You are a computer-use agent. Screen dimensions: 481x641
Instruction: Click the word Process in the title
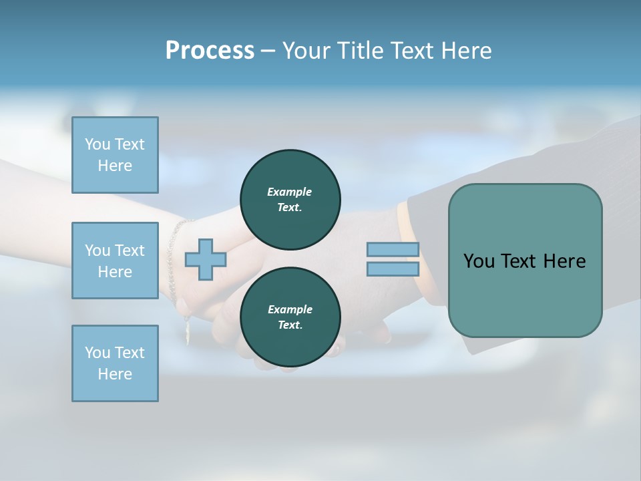coord(210,50)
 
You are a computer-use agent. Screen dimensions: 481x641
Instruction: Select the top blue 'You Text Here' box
coord(115,155)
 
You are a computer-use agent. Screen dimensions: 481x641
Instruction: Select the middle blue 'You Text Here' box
coord(115,261)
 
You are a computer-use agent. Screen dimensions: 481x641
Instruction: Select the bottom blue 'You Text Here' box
coord(115,363)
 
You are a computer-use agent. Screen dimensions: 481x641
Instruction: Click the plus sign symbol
coord(205,259)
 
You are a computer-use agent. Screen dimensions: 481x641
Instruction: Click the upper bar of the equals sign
coord(393,249)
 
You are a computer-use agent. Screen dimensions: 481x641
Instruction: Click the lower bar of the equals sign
coord(393,269)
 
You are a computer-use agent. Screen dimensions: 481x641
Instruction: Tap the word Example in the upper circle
coord(290,192)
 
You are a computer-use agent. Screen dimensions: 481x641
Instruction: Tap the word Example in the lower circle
coord(290,309)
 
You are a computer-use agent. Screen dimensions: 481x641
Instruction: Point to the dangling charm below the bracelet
coord(188,330)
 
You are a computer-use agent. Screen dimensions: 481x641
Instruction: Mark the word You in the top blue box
coord(97,144)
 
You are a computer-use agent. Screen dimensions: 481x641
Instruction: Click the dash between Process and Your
coord(268,51)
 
